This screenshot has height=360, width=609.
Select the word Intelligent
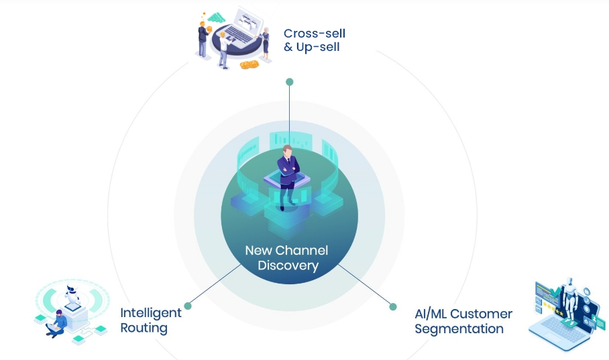[x=151, y=313]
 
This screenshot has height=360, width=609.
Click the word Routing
[x=144, y=328]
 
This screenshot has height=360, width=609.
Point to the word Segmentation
[x=459, y=328]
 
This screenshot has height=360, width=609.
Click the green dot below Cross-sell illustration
[x=290, y=82]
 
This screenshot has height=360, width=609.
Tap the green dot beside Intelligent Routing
[x=188, y=306]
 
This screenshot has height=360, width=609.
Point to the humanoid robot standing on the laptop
[x=571, y=302]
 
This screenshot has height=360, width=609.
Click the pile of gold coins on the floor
[x=249, y=64]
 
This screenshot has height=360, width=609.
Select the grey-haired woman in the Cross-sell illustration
[x=266, y=42]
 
